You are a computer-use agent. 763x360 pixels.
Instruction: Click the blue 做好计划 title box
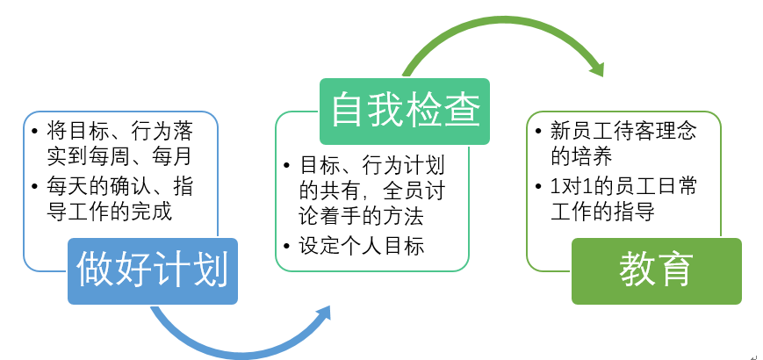(x=152, y=271)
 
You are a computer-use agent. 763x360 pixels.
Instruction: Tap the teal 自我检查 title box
(x=405, y=112)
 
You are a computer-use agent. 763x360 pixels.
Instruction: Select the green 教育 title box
(x=657, y=271)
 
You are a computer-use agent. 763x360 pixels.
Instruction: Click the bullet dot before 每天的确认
(x=34, y=186)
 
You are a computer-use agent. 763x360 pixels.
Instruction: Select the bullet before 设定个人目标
(x=286, y=246)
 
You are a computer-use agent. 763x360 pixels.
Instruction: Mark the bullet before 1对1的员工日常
(x=537, y=186)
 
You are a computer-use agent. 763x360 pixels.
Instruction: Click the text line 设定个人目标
(x=362, y=246)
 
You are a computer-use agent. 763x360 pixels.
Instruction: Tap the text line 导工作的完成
(x=110, y=212)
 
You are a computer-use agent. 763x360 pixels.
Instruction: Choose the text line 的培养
(x=581, y=156)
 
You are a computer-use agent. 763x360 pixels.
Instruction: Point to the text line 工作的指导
(x=602, y=212)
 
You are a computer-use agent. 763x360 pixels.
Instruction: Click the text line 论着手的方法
(x=362, y=217)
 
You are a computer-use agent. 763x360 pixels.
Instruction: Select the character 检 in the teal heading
(x=424, y=110)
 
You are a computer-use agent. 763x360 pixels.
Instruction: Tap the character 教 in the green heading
(x=637, y=270)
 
